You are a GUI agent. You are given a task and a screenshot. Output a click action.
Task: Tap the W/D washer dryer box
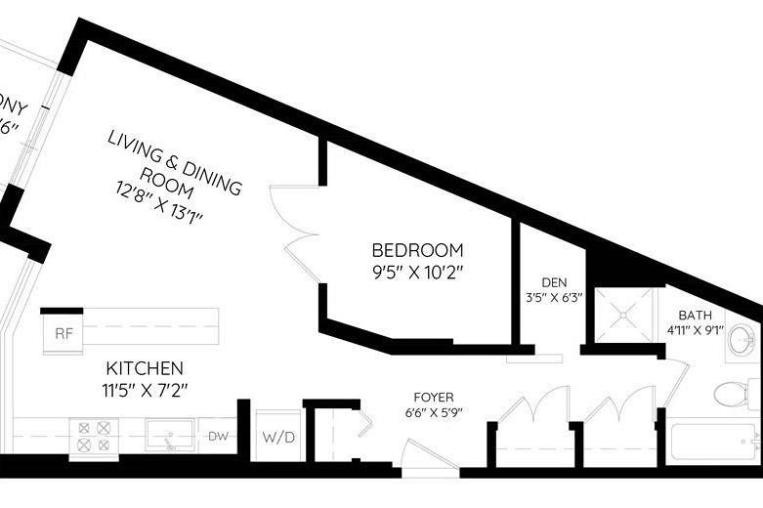point(275,436)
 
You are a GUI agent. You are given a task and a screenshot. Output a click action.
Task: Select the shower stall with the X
point(623,313)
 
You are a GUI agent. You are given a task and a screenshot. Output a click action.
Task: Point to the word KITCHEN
point(145,368)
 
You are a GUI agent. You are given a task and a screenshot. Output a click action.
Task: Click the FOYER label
point(433,397)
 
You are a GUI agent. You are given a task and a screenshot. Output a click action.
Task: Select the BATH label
point(695,315)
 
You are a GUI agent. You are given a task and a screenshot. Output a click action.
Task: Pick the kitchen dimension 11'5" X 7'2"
point(145,390)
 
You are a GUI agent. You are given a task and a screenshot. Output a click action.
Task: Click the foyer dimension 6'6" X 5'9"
point(433,411)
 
